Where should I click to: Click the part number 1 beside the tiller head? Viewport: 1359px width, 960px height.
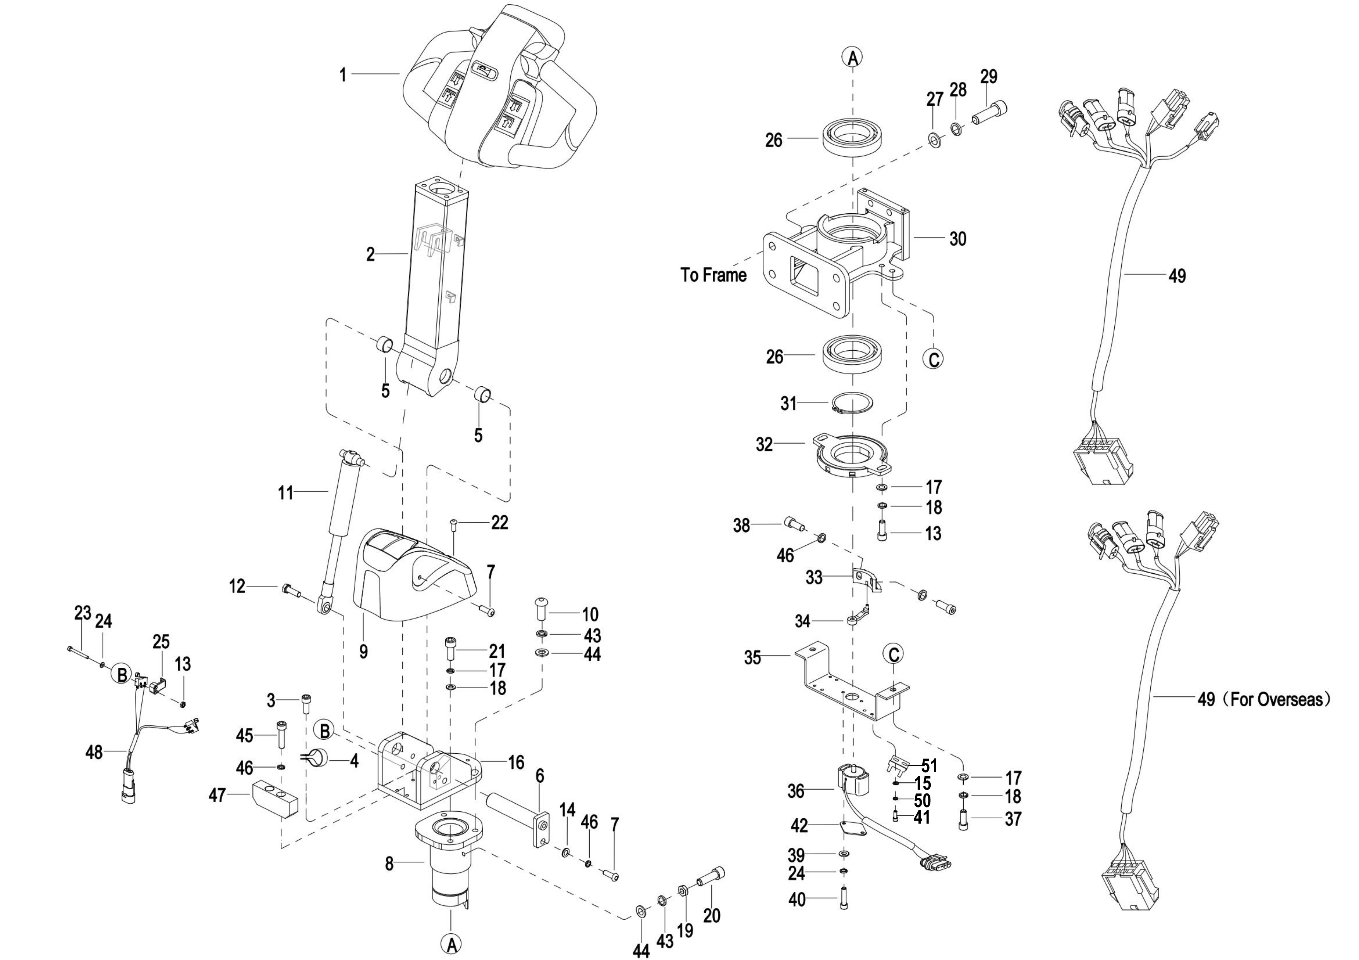click(x=342, y=75)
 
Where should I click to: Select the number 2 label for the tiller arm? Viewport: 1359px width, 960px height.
click(x=371, y=254)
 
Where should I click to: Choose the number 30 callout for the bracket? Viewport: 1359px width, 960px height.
click(x=958, y=239)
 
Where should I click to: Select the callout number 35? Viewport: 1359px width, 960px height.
click(x=752, y=658)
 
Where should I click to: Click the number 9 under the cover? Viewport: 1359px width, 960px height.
click(x=364, y=651)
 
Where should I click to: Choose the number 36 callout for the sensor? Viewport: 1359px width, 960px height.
click(x=796, y=791)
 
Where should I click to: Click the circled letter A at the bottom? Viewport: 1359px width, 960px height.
click(x=451, y=945)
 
